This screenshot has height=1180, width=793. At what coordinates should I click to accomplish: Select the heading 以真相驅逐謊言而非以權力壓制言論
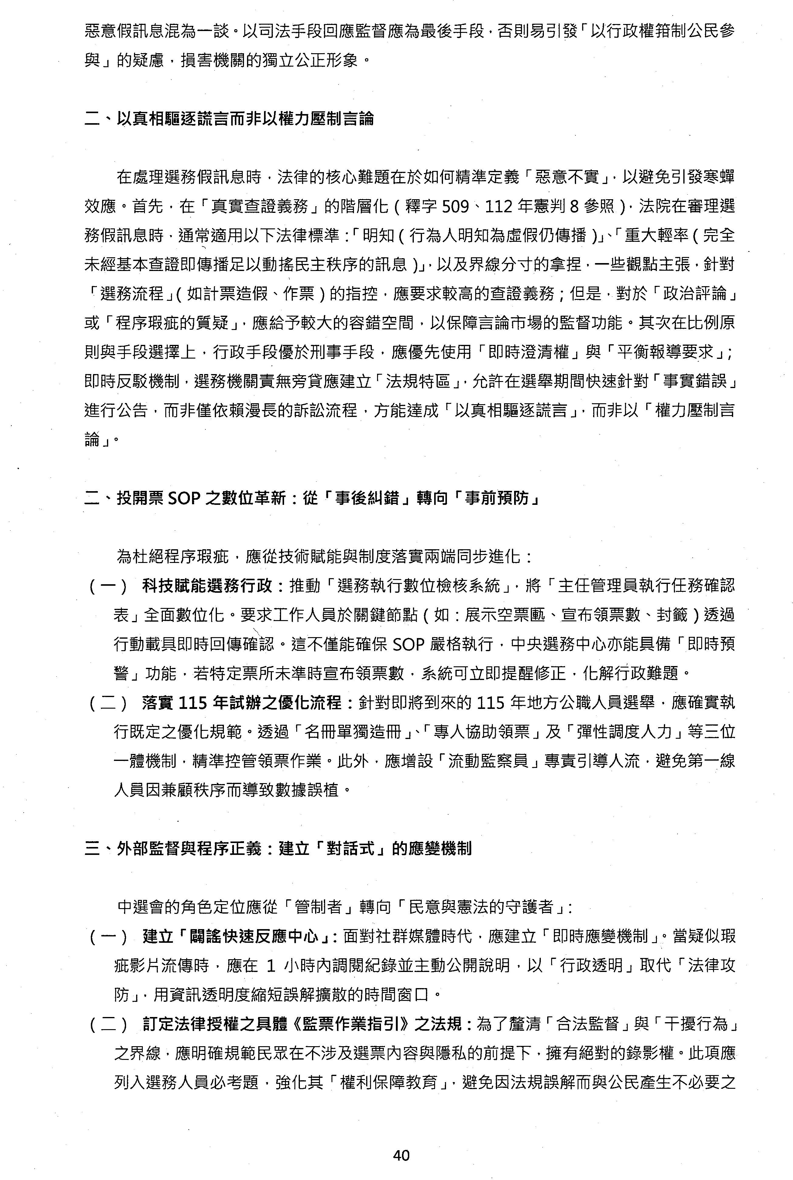[x=245, y=118]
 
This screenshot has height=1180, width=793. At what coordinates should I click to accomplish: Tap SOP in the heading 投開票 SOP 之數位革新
[x=185, y=499]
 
